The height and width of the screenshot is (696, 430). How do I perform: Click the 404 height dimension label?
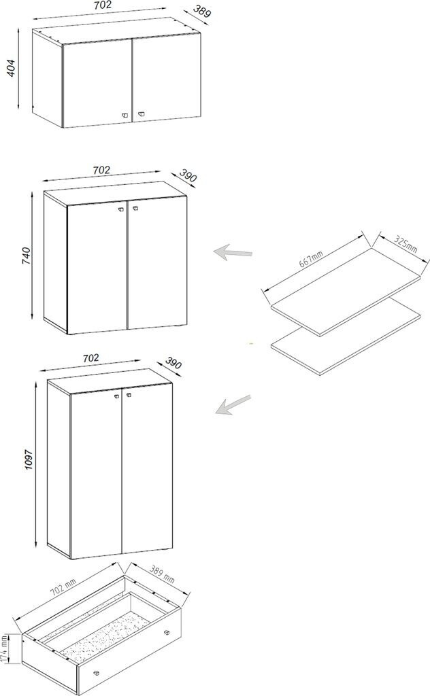pyautogui.click(x=12, y=67)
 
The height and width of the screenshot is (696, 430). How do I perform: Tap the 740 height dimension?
pyautogui.click(x=26, y=256)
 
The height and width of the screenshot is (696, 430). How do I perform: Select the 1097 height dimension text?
pyautogui.click(x=29, y=460)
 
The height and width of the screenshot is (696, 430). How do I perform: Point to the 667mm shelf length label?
pyautogui.click(x=311, y=258)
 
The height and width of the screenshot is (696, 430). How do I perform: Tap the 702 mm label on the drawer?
pyautogui.click(x=63, y=587)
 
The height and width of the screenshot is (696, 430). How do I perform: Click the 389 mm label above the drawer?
pyautogui.click(x=162, y=573)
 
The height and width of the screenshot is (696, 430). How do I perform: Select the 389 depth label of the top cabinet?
pyautogui.click(x=201, y=11)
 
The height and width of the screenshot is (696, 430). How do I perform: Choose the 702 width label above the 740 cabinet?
pyautogui.click(x=101, y=170)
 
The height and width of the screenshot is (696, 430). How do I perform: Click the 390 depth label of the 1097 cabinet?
pyautogui.click(x=173, y=363)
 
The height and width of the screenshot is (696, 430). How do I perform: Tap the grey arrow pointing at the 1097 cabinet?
pyautogui.click(x=233, y=404)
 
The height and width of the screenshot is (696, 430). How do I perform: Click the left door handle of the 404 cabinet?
pyautogui.click(x=125, y=115)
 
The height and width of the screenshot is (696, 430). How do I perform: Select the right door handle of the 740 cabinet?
pyautogui.click(x=135, y=209)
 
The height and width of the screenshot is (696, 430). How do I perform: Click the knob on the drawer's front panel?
pyautogui.click(x=96, y=674)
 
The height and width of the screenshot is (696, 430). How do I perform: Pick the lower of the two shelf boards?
pyautogui.click(x=346, y=342)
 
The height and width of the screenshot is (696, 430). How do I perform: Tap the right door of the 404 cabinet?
pyautogui.click(x=166, y=79)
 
